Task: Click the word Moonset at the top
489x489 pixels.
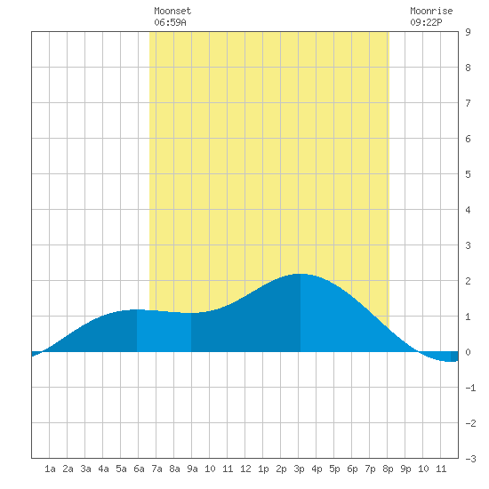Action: (x=172, y=11)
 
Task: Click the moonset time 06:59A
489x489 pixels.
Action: (x=170, y=22)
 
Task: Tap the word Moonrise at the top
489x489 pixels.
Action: (x=431, y=11)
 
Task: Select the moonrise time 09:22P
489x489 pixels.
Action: (x=426, y=22)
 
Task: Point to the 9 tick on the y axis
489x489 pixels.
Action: (x=468, y=32)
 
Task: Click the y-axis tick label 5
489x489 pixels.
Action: (x=468, y=174)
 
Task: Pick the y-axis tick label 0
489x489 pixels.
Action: (x=468, y=352)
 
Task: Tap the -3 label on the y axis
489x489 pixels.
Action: (x=470, y=459)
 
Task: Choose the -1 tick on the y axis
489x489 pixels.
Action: (x=470, y=388)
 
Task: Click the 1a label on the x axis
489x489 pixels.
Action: (x=50, y=469)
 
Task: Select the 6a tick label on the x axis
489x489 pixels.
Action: (x=139, y=469)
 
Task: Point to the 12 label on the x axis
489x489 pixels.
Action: (x=245, y=469)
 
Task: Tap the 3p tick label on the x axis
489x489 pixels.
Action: (x=299, y=469)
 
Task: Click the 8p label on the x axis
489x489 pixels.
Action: (x=388, y=469)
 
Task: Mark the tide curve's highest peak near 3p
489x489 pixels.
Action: (x=300, y=274)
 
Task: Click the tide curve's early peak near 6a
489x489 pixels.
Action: (x=136, y=309)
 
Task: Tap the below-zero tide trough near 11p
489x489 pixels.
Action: (x=451, y=361)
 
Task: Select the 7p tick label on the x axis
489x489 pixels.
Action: (x=370, y=469)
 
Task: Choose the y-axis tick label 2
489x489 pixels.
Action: (x=468, y=281)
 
